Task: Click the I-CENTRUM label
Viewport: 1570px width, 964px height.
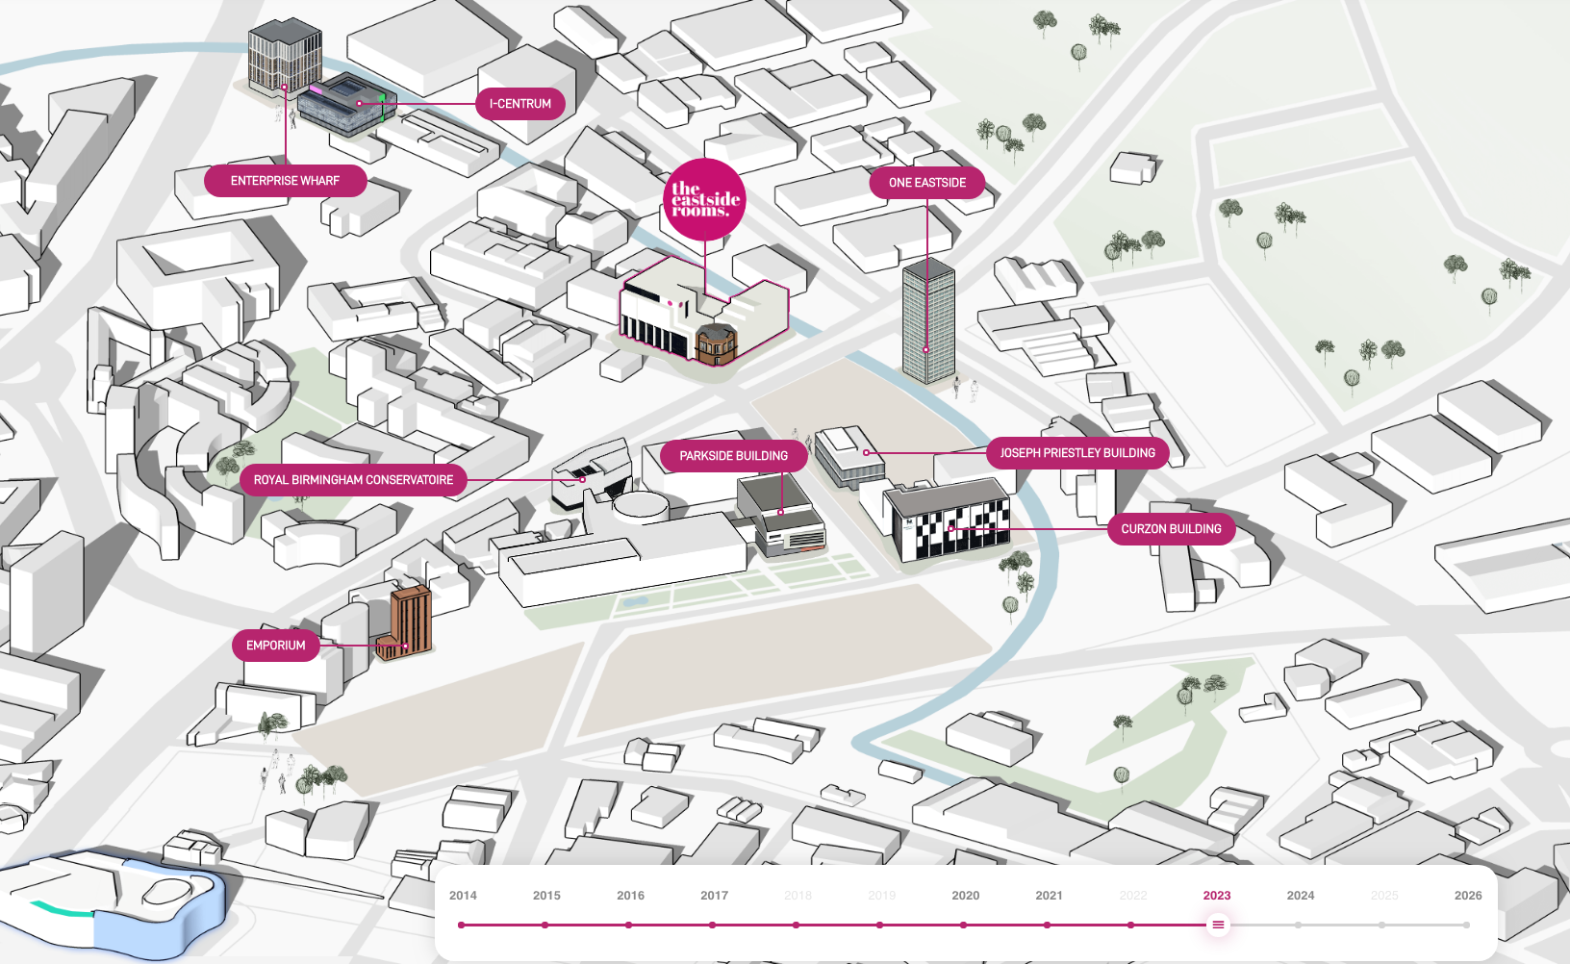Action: [519, 104]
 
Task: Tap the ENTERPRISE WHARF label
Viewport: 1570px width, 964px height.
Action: [285, 181]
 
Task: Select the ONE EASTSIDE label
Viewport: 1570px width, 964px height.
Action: [926, 183]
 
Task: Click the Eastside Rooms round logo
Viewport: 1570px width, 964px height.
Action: [705, 200]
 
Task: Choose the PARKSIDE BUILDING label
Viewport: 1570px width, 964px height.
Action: [733, 456]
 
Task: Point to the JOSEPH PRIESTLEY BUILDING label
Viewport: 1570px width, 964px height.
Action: [1076, 453]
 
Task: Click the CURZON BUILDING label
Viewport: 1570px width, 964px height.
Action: [1171, 529]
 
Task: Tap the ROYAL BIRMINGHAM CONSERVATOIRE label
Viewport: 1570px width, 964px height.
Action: [353, 480]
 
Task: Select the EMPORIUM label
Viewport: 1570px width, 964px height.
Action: [275, 646]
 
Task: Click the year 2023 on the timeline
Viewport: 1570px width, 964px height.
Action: [1216, 896]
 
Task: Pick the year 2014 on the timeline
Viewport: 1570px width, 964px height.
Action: [463, 896]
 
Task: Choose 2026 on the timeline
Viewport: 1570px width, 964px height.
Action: [1467, 896]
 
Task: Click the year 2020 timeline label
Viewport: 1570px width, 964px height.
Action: [965, 896]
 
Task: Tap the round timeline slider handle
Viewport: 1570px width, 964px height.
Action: [1218, 925]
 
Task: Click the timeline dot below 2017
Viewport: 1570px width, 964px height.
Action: [713, 925]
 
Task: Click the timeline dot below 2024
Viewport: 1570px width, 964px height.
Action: [1299, 925]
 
